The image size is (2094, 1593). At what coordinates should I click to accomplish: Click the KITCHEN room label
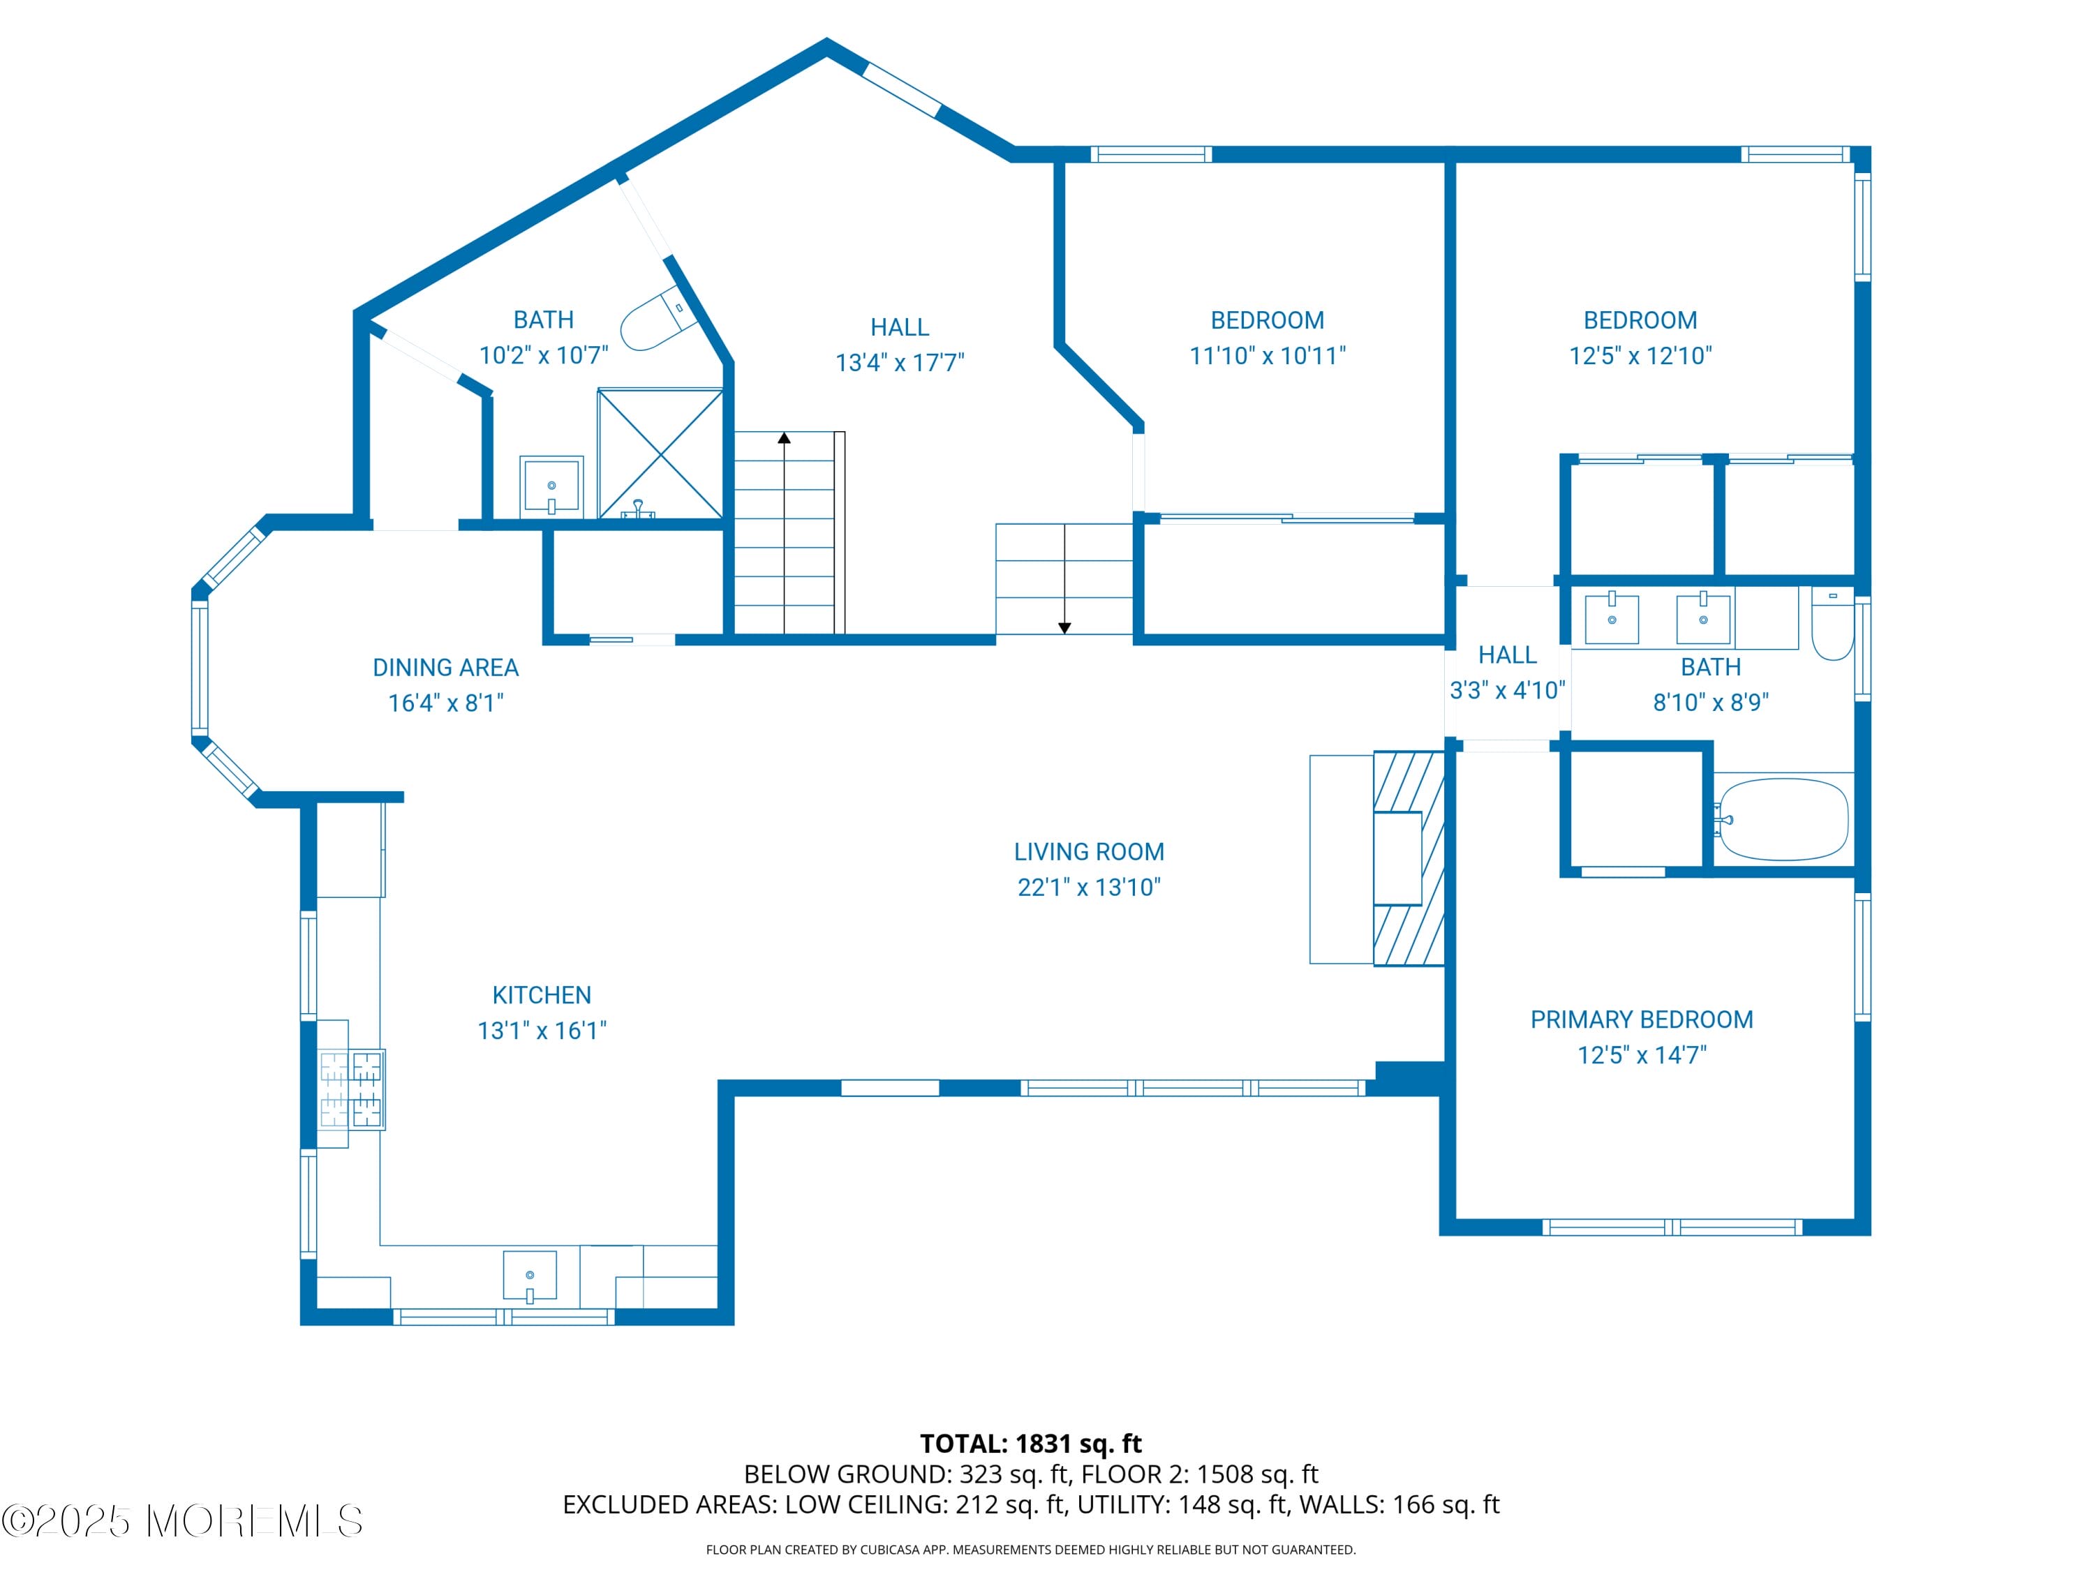pyautogui.click(x=542, y=995)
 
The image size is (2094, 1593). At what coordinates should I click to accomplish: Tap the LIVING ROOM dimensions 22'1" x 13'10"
pyautogui.click(x=1089, y=887)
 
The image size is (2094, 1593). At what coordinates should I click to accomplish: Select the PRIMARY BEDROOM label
pyautogui.click(x=1641, y=1019)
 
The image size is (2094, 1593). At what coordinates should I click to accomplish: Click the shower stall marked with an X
pyautogui.click(x=660, y=454)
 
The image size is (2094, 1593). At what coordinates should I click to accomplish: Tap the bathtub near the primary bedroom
pyautogui.click(x=1783, y=819)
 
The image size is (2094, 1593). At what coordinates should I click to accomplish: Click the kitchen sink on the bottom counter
pyautogui.click(x=529, y=1276)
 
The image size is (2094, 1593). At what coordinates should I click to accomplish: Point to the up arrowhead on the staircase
pyautogui.click(x=785, y=438)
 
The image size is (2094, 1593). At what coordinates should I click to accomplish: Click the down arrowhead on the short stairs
pyautogui.click(x=1064, y=628)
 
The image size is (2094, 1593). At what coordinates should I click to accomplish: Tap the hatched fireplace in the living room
pyautogui.click(x=1409, y=858)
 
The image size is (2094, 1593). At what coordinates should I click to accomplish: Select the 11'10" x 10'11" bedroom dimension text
pyautogui.click(x=1267, y=356)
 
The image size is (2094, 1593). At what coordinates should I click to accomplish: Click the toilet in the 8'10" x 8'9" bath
pyautogui.click(x=1832, y=625)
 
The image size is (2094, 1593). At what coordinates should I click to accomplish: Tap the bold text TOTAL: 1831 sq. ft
pyautogui.click(x=1030, y=1443)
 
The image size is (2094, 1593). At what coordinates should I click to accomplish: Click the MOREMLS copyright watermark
pyautogui.click(x=182, y=1521)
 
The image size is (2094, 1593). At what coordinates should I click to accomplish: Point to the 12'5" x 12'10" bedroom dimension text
pyautogui.click(x=1640, y=356)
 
